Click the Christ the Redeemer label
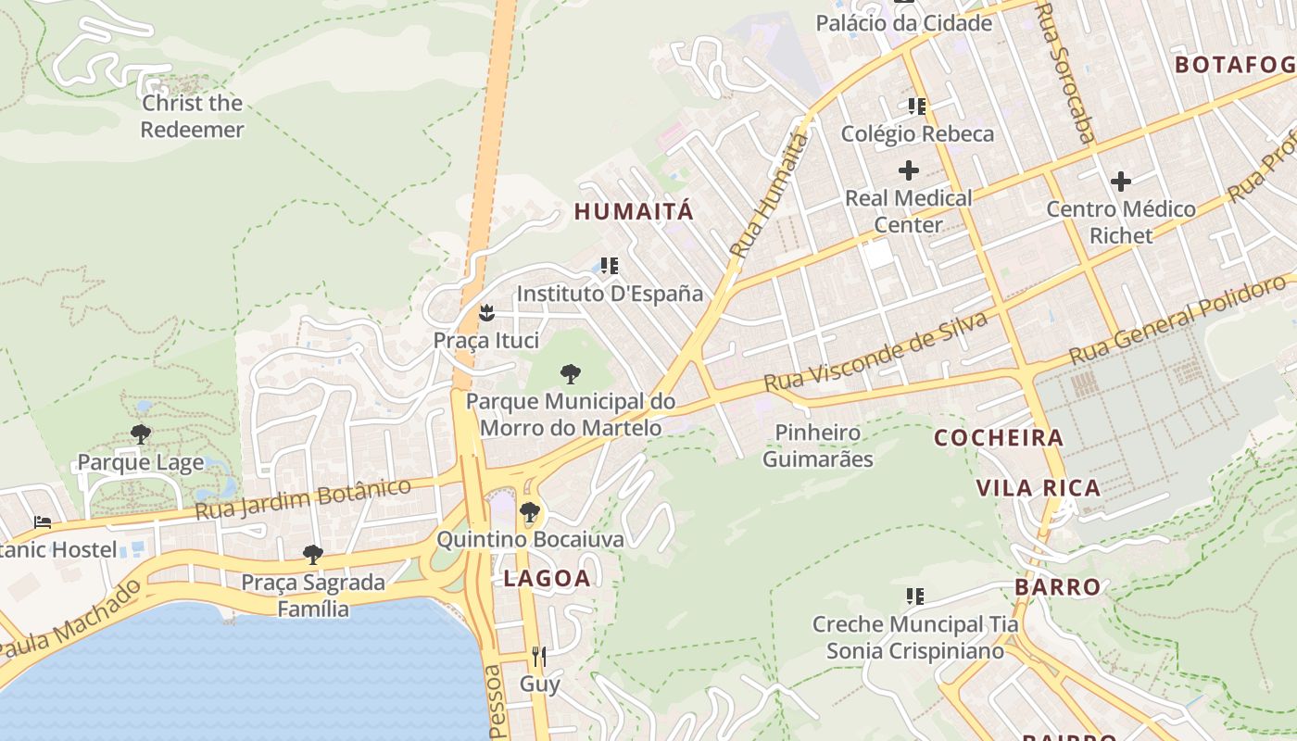tap(192, 117)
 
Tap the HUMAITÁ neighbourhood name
tap(634, 211)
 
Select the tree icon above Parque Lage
tap(141, 434)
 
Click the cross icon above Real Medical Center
tap(909, 170)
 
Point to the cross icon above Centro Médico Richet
tap(1121, 181)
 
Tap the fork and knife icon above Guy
tap(539, 657)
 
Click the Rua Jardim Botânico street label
tap(303, 499)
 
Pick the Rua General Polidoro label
tap(1180, 320)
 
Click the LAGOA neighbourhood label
tap(547, 579)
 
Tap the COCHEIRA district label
tap(999, 438)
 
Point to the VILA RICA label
tap(1039, 488)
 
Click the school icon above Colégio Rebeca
tap(917, 107)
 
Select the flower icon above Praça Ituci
tap(486, 313)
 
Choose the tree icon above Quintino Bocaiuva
tap(530, 511)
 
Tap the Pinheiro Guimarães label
tap(818, 446)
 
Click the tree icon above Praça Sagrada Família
tap(313, 555)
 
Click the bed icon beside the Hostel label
tap(43, 523)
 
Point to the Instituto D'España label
tap(610, 294)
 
